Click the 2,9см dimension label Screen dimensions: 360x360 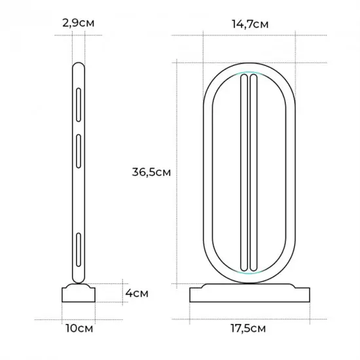pos(79,24)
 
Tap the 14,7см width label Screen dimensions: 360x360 pos(250,24)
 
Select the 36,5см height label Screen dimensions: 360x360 pos(151,172)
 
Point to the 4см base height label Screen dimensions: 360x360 pos(137,293)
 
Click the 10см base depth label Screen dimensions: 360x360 pos(79,329)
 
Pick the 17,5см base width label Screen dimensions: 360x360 pos(248,329)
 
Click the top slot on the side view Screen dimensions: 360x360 pos(79,105)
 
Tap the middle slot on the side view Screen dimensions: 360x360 pos(79,151)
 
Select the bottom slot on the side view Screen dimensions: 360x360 pos(79,250)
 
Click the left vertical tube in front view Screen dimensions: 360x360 pos(244,173)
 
